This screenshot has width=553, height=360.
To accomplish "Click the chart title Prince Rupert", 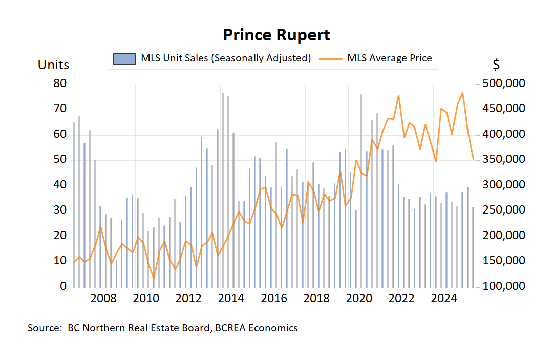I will (x=276, y=35).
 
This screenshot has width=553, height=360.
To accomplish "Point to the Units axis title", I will (x=53, y=65).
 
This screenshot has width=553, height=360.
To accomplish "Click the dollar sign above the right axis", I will (x=496, y=65).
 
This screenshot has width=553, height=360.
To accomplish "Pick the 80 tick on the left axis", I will (x=60, y=83).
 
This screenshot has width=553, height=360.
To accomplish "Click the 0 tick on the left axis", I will (x=63, y=286).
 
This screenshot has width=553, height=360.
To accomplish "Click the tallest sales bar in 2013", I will (x=223, y=189).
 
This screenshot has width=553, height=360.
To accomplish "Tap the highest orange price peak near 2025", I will (x=462, y=93).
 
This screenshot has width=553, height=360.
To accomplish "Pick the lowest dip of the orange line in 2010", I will (x=154, y=278).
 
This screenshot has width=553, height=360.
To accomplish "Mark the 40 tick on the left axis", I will (x=60, y=185).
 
